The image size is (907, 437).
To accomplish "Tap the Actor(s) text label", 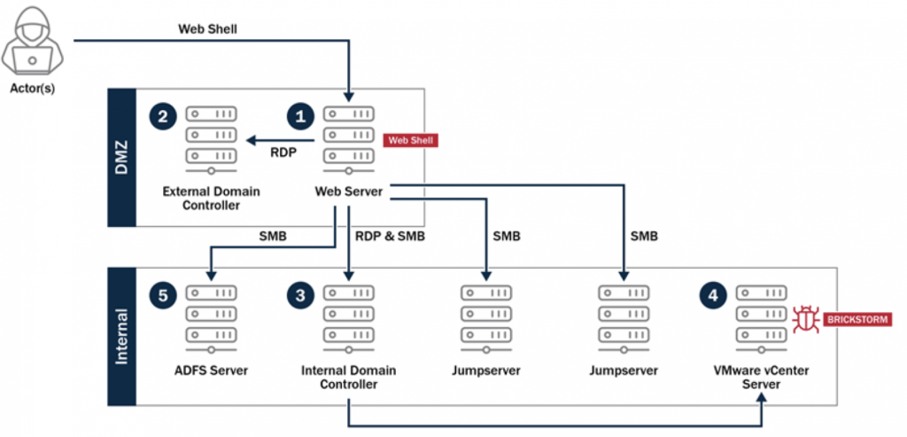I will coord(31,88).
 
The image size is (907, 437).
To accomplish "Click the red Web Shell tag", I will coord(410,140).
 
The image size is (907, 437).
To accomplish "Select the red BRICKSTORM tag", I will coord(856,318).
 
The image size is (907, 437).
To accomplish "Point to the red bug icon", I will coord(805,317).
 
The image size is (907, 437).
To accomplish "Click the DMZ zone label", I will coord(121,157).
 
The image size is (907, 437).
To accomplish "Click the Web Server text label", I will coord(349,191).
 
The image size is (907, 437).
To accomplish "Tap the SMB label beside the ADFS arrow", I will coord(271,237).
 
